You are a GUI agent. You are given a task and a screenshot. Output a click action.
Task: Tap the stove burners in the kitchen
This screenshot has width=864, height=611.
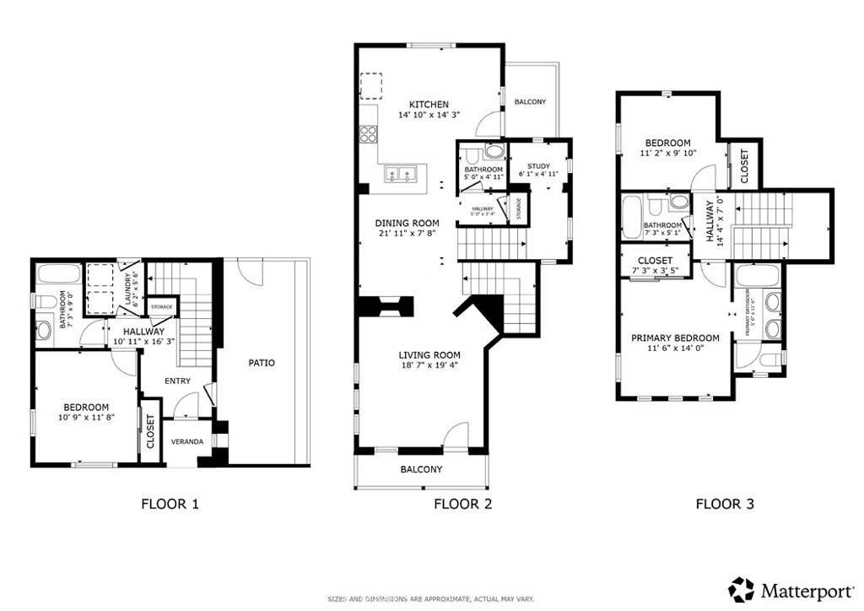pyautogui.click(x=369, y=133)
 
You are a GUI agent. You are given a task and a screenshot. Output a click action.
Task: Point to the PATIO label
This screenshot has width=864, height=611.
pyautogui.click(x=261, y=363)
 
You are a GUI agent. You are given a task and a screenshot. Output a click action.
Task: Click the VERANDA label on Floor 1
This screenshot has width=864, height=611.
pyautogui.click(x=186, y=441)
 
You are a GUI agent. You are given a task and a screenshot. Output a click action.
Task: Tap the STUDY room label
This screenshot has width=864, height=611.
pyautogui.click(x=538, y=165)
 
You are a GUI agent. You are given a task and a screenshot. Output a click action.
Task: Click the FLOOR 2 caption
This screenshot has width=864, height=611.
pyautogui.click(x=462, y=505)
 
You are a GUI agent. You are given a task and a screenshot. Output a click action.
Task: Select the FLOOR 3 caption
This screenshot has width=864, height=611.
pyautogui.click(x=724, y=505)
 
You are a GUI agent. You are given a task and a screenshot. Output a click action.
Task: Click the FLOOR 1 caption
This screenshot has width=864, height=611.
pyautogui.click(x=170, y=505)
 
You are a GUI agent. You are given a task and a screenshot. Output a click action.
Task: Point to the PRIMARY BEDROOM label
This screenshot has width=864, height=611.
pyautogui.click(x=675, y=338)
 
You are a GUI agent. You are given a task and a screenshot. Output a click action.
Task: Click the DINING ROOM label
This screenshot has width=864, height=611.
pyautogui.click(x=407, y=223)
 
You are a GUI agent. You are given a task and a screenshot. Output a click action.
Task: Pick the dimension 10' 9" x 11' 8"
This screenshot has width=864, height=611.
pyautogui.click(x=86, y=417)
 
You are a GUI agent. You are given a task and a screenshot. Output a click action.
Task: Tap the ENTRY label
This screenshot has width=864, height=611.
pyautogui.click(x=178, y=381)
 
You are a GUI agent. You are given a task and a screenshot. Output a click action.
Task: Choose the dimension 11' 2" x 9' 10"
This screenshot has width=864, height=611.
pyautogui.click(x=667, y=154)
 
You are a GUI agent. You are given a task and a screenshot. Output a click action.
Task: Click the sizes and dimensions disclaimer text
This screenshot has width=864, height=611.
pyautogui.click(x=430, y=599)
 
